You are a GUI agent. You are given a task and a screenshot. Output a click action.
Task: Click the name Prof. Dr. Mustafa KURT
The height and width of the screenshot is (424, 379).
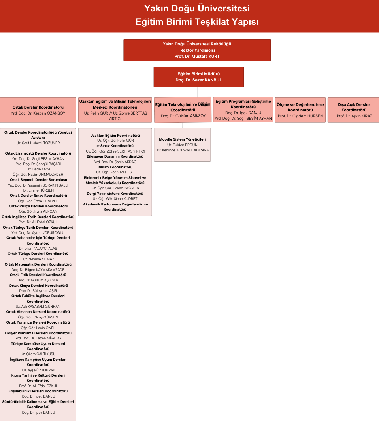point(197,56)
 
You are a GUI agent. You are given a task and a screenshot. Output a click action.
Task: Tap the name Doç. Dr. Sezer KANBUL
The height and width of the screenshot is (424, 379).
point(198,80)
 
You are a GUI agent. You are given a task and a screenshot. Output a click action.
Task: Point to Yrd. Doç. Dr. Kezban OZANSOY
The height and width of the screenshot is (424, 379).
point(38,113)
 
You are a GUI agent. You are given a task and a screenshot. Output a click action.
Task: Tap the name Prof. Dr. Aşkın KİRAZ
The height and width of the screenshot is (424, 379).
point(354,116)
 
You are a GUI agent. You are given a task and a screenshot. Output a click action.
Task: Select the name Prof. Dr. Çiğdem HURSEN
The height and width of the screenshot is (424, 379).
point(300,116)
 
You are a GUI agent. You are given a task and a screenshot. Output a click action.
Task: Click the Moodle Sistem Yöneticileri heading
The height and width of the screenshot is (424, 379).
point(182,139)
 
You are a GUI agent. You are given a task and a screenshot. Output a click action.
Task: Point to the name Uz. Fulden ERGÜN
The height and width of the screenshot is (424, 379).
point(182,145)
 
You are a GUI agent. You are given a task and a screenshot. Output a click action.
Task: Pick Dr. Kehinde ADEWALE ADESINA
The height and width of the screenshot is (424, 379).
point(183,150)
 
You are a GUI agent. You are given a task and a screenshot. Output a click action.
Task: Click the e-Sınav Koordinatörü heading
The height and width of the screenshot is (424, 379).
point(115,146)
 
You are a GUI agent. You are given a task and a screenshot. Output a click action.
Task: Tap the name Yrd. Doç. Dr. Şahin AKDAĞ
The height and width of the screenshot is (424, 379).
point(115,162)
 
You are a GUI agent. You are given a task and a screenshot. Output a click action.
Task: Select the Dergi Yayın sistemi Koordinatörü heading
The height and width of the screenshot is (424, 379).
point(115,194)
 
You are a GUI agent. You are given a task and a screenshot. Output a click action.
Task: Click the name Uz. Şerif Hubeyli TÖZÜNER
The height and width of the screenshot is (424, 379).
point(38,143)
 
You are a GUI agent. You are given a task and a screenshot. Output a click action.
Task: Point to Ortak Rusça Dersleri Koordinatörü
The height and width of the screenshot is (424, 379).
point(38,206)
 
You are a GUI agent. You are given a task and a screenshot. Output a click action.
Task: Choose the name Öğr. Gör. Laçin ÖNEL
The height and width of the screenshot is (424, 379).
point(38,328)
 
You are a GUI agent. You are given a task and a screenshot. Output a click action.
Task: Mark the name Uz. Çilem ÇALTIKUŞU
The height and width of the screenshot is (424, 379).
point(38,354)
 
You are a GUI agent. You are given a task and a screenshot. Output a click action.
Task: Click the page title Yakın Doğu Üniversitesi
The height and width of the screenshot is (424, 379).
point(197,8)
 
